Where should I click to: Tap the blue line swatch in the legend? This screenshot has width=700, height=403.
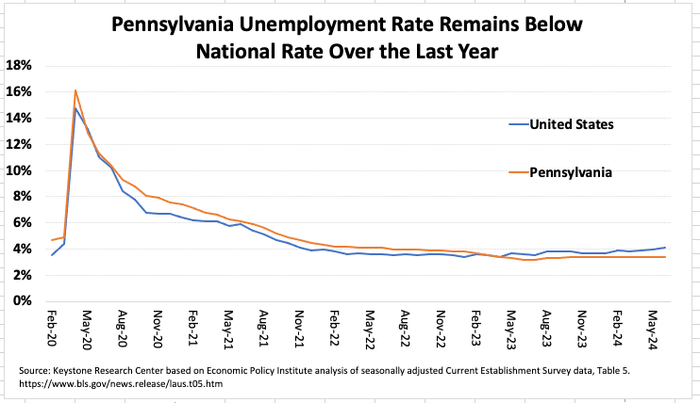516,123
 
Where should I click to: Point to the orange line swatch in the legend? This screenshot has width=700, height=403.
516,172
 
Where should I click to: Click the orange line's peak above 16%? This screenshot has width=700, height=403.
75,90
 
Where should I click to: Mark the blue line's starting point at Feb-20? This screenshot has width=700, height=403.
52,254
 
